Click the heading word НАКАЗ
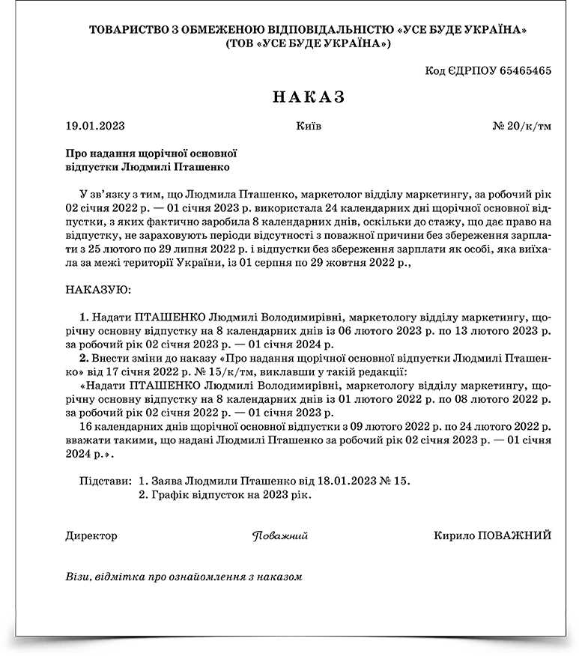308,97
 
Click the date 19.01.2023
94,125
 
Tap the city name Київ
309,125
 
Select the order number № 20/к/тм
522,125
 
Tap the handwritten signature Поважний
280,536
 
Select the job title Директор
91,535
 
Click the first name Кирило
452,535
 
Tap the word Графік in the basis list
169,495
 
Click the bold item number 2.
84,358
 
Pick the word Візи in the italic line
78,577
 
